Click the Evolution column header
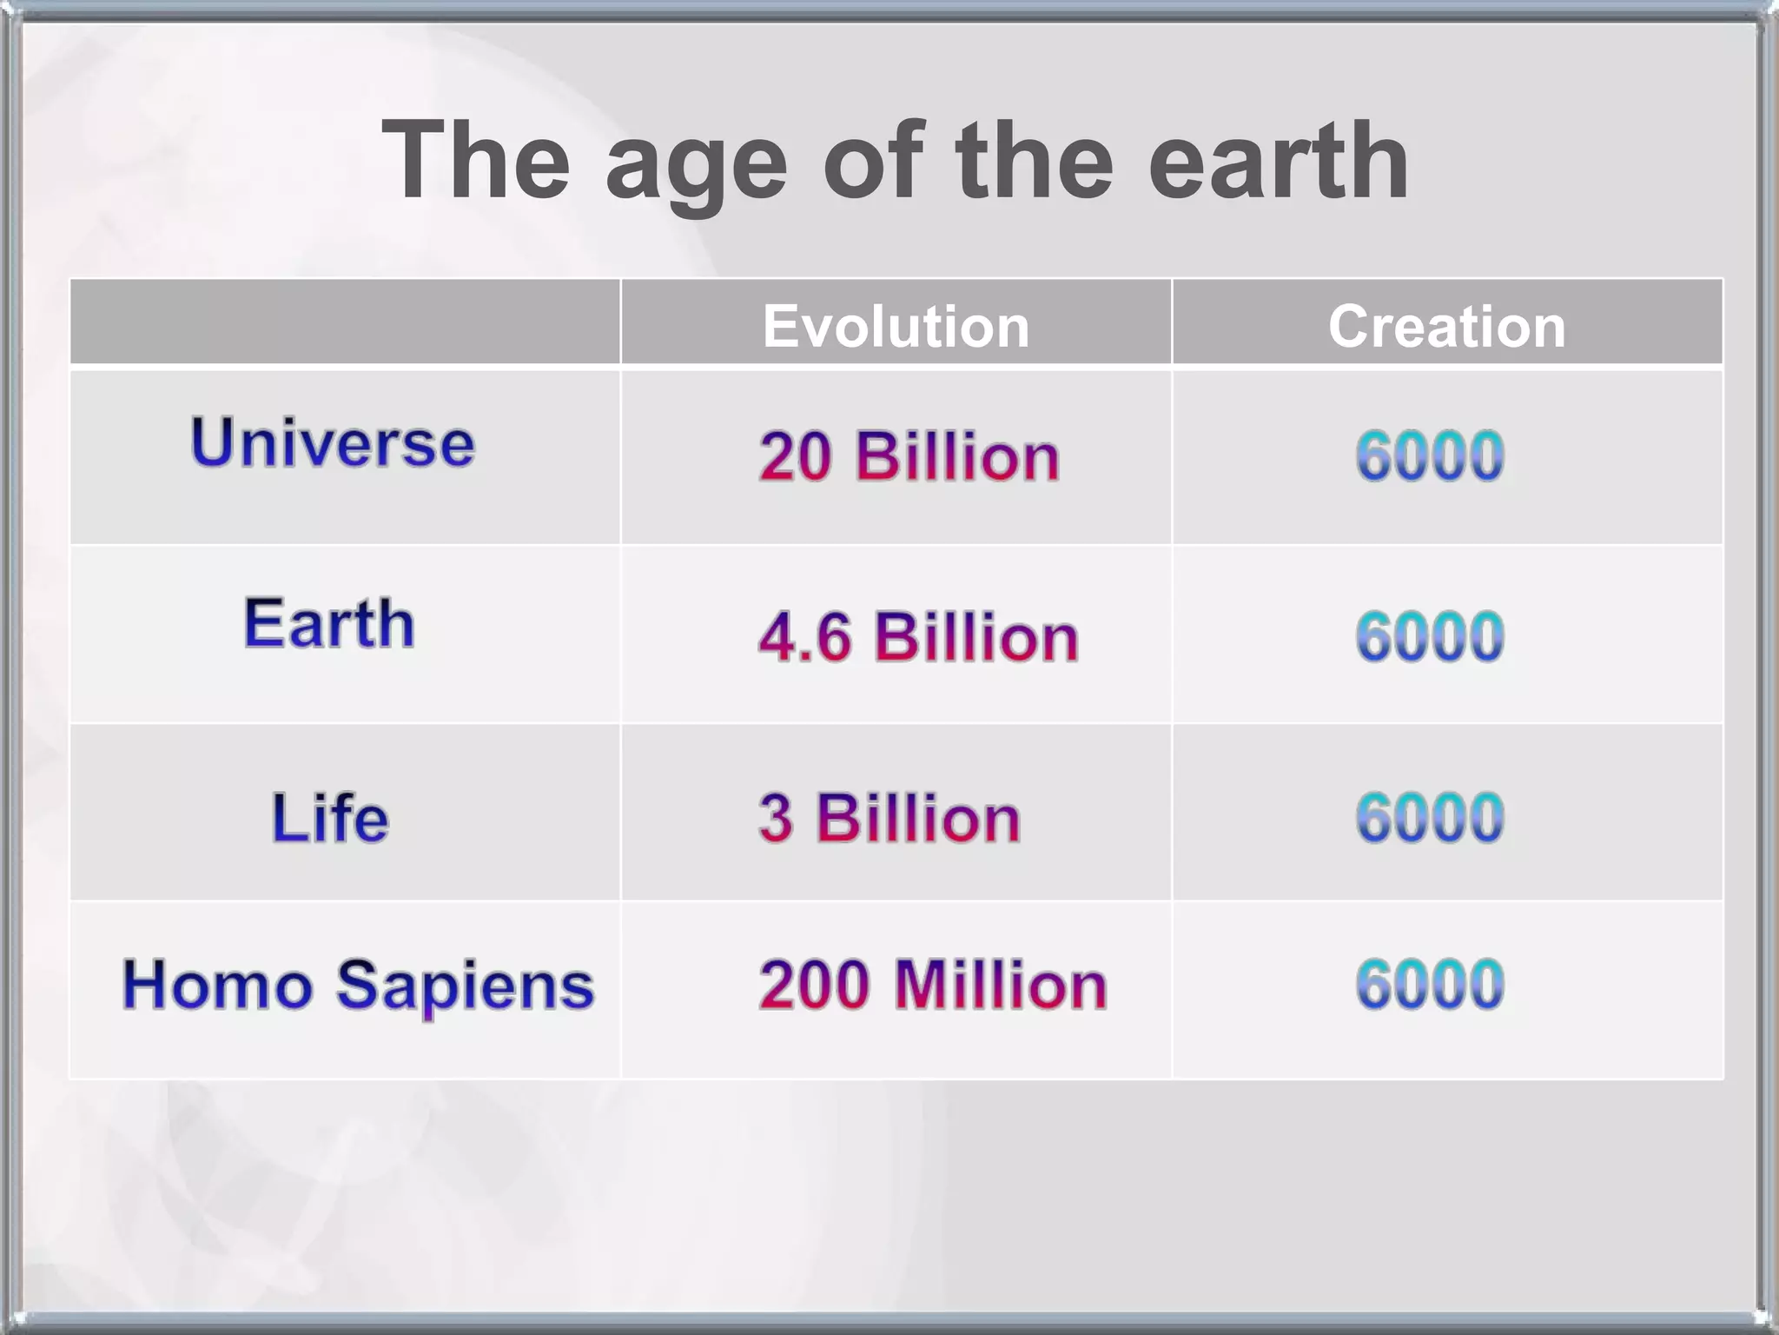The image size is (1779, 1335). coord(896,326)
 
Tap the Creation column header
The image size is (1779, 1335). coord(1446,326)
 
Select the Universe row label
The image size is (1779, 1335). coord(333,442)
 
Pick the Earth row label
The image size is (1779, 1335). coord(329,623)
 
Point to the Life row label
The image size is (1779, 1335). coord(330,818)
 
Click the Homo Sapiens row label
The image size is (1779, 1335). coord(358,985)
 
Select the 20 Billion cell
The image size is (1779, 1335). coord(909,456)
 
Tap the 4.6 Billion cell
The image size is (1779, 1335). coord(918,637)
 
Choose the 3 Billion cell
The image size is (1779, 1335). coord(889,818)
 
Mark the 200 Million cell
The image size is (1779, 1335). coord(932,985)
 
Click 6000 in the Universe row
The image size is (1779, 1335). coord(1430,456)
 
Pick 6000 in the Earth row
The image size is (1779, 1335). coord(1430,637)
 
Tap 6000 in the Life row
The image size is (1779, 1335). coord(1430,818)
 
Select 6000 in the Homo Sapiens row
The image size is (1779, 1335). coord(1430,985)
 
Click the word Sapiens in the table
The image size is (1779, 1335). coord(465,986)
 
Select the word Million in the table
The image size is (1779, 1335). coord(1001,985)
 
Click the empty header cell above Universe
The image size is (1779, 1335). coord(345,322)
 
